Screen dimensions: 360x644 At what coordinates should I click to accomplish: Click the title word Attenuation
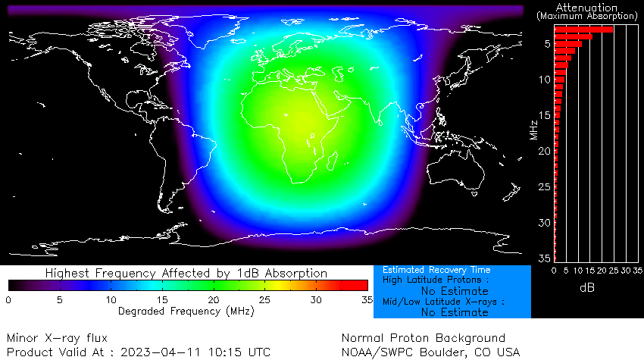tap(586, 7)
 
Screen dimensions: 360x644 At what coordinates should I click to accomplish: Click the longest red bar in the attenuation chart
tap(583, 30)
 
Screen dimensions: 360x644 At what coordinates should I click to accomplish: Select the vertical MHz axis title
tap(533, 123)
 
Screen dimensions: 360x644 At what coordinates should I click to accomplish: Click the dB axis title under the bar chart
tap(587, 288)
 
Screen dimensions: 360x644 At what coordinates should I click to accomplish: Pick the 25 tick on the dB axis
tap(614, 270)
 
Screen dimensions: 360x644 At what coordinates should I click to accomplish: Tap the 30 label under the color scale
tap(317, 300)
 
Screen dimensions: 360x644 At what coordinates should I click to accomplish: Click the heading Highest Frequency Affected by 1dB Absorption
tap(186, 273)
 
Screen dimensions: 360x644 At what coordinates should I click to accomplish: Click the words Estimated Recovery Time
tap(436, 270)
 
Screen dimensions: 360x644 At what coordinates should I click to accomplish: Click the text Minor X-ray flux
tap(58, 338)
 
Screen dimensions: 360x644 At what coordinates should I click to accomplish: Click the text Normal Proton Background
tap(423, 338)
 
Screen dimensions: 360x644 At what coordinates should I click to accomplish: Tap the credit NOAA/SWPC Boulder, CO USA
tap(431, 352)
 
